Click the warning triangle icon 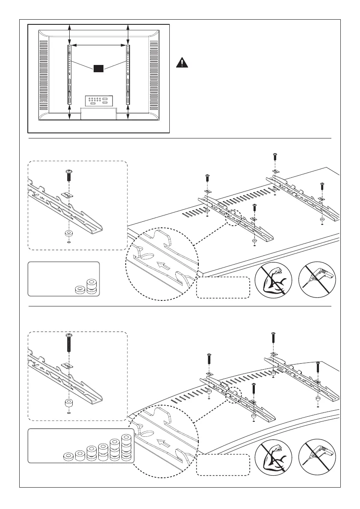pos(182,62)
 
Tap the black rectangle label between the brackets pos(99,68)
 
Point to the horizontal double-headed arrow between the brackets pos(99,44)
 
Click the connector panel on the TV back pos(99,101)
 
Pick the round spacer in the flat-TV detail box pos(68,234)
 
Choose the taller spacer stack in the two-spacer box pos(91,286)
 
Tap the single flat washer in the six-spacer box pos(68,456)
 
